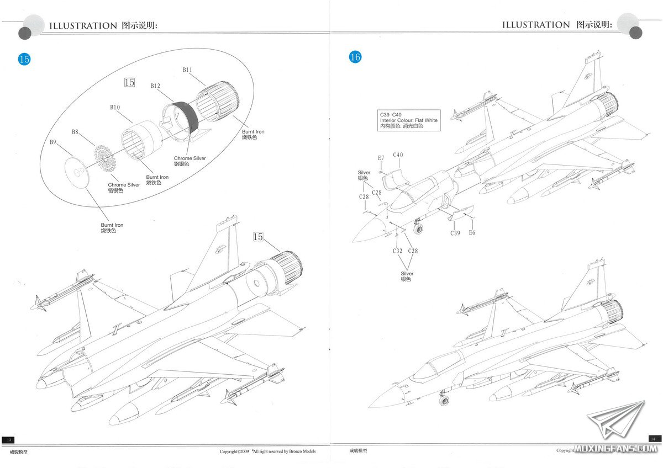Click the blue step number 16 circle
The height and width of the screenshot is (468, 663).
[x=355, y=57]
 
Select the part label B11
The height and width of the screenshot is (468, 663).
[x=187, y=70]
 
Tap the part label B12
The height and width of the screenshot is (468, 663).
[x=155, y=86]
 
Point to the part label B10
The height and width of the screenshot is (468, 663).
[x=115, y=107]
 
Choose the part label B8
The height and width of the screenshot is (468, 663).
[x=75, y=132]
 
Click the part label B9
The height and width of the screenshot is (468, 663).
[x=53, y=142]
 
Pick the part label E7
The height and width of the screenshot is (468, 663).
[x=381, y=158]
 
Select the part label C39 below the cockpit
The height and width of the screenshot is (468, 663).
[x=455, y=233]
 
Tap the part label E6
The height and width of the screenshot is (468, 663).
[x=472, y=233]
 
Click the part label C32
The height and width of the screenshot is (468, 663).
[x=397, y=251]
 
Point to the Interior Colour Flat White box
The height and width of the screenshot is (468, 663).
[x=409, y=120]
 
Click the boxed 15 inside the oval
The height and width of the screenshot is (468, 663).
[x=129, y=82]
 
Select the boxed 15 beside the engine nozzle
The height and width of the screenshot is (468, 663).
[x=257, y=237]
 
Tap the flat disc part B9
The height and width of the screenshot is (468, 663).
[x=79, y=172]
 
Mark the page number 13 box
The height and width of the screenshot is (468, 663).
[x=8, y=439]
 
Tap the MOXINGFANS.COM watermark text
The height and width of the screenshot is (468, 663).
[x=614, y=449]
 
